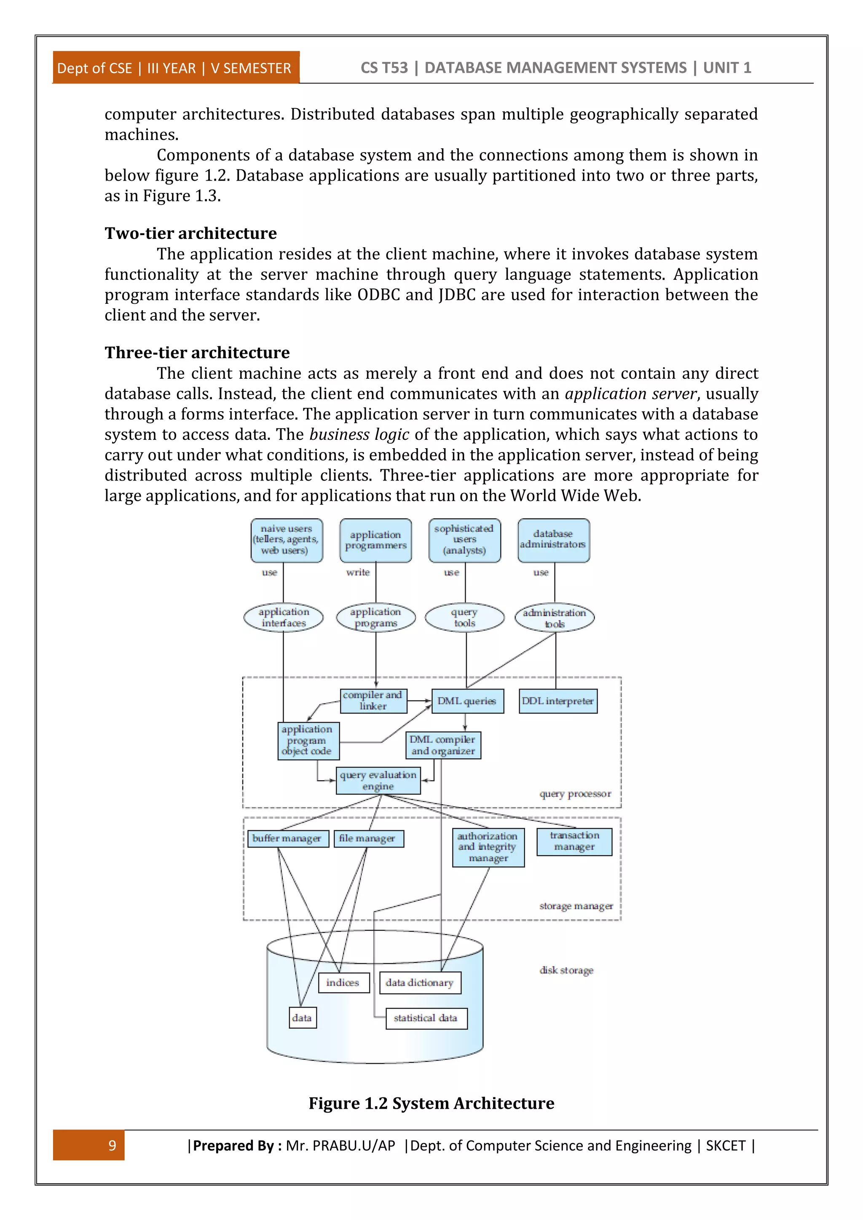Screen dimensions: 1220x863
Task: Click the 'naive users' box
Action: tap(287, 540)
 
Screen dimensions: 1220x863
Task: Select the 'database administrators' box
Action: tap(553, 540)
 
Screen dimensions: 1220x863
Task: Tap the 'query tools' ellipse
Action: tap(464, 618)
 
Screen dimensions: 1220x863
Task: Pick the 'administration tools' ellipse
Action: tap(554, 618)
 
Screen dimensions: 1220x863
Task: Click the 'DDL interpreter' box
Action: tap(557, 701)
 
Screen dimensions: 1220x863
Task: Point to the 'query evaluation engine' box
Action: tap(378, 781)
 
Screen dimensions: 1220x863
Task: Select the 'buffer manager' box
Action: tap(287, 838)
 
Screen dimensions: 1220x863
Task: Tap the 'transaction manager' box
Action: tap(574, 841)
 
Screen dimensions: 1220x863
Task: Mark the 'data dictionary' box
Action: tap(420, 982)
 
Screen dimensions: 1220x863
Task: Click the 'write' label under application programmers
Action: tap(358, 572)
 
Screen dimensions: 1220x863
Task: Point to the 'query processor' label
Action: tap(575, 794)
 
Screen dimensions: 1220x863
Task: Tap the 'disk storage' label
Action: tap(566, 970)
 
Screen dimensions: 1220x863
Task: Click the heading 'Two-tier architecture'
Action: tap(190, 233)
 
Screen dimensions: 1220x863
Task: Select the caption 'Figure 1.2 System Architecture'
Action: tap(431, 1103)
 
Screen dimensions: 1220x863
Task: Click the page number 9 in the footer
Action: tap(112, 1145)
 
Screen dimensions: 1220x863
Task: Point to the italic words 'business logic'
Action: tap(359, 435)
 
